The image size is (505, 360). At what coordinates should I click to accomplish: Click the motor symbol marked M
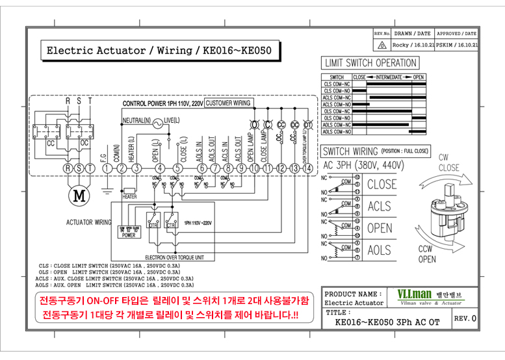tap(79, 194)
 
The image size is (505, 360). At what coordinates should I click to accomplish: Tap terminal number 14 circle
tap(307, 168)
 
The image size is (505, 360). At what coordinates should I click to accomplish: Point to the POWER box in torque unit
tap(129, 232)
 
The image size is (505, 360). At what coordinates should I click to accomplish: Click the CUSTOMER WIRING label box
tap(228, 103)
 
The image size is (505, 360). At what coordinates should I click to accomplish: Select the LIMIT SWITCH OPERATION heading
tap(370, 63)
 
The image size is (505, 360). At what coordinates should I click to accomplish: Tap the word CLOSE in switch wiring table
tap(381, 185)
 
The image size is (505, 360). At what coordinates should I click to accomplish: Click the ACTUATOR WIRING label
tap(88, 222)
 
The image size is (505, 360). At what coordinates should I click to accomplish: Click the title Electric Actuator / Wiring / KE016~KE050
tap(159, 50)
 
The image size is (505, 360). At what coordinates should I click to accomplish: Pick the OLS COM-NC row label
tap(337, 111)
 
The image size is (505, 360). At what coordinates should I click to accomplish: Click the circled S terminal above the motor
tap(79, 168)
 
